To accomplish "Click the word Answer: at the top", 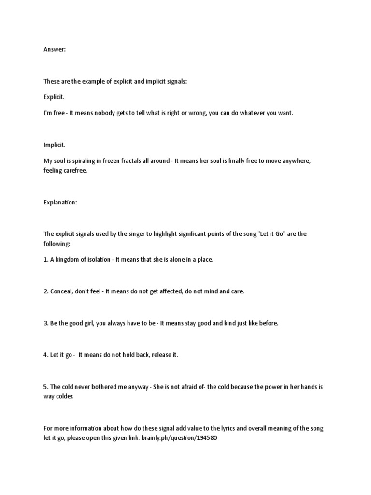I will (54, 49).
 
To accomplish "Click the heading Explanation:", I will (60, 203).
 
